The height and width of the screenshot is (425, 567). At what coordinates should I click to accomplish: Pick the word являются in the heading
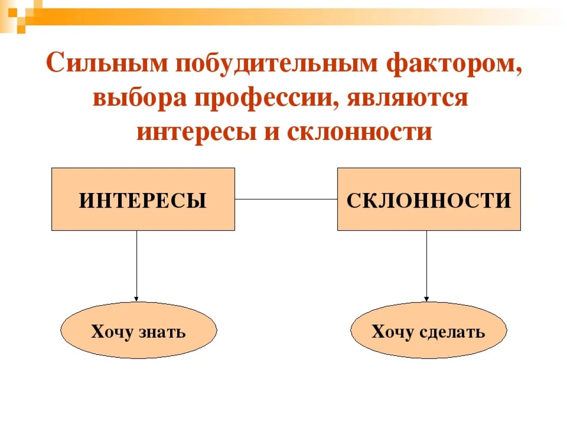click(x=408, y=98)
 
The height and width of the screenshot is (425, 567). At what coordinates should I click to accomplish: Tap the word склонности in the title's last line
click(x=359, y=131)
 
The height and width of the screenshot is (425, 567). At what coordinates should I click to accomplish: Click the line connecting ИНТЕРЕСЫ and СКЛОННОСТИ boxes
click(x=286, y=199)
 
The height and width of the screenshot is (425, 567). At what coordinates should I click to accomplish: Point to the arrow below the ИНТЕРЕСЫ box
click(x=136, y=266)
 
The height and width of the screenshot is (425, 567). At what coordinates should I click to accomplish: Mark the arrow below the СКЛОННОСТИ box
click(x=427, y=266)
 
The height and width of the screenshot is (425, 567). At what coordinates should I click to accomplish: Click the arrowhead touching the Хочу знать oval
click(x=136, y=299)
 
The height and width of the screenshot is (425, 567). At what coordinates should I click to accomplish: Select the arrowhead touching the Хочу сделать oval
click(x=427, y=299)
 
